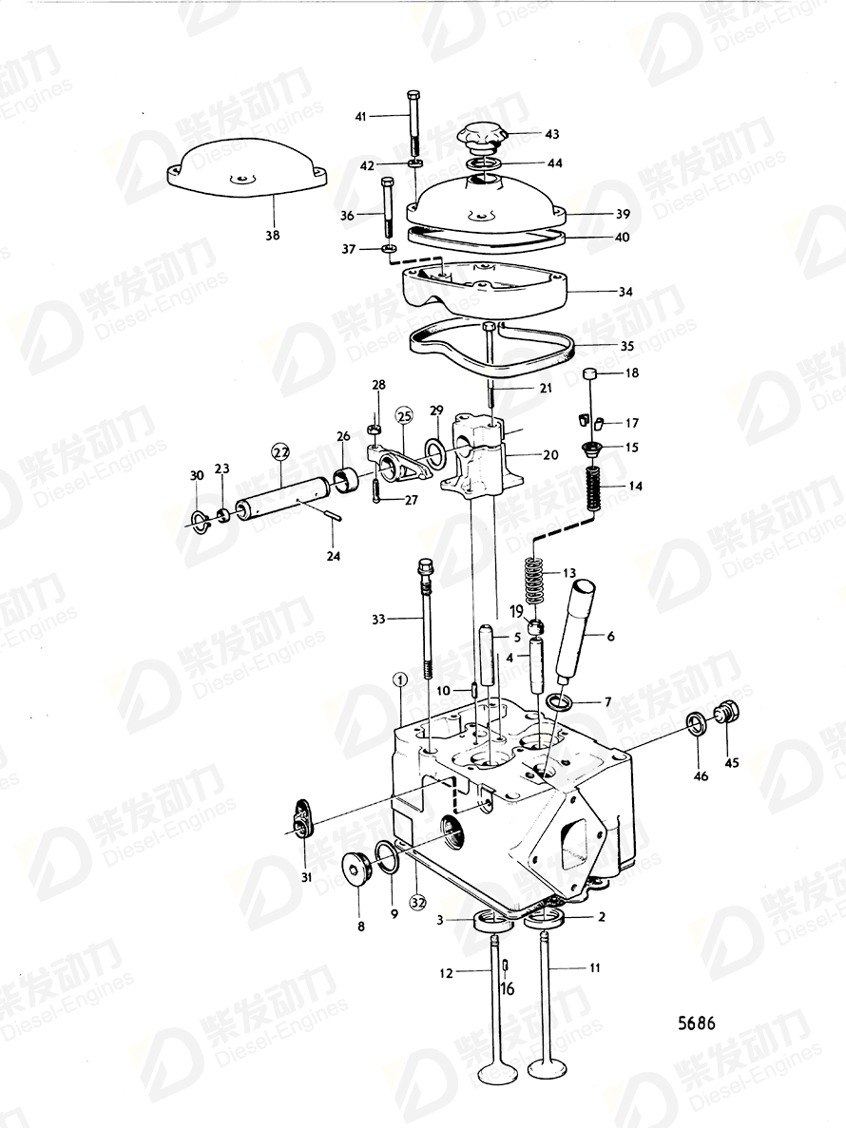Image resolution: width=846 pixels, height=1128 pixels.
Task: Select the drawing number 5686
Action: [x=696, y=1023]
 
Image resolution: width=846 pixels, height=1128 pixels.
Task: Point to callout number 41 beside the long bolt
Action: [x=360, y=116]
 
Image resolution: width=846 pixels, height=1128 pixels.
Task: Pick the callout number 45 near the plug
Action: [x=731, y=762]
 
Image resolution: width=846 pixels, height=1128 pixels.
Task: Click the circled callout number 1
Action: [x=400, y=679]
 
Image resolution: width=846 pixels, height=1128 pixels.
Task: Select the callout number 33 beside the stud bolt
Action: [x=379, y=620]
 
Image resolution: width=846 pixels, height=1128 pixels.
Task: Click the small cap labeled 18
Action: [x=589, y=373]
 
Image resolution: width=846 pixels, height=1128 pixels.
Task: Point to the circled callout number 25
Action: [x=404, y=415]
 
